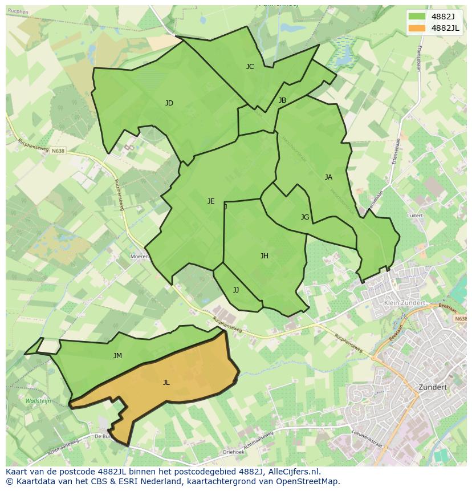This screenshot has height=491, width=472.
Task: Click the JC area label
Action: (x=250, y=67)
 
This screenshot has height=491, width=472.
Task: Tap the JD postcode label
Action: (x=169, y=103)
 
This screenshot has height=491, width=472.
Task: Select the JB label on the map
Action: (x=282, y=100)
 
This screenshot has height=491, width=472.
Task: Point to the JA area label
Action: (x=328, y=177)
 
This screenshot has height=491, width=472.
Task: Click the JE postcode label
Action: (x=211, y=201)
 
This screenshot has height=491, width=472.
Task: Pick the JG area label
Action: (x=305, y=217)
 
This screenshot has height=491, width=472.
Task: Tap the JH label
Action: (x=265, y=256)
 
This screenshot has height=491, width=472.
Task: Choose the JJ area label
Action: (x=236, y=290)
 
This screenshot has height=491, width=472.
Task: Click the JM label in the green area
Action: (x=117, y=356)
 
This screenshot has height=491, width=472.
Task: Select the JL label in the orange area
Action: (x=166, y=383)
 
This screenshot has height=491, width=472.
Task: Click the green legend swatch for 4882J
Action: (x=417, y=17)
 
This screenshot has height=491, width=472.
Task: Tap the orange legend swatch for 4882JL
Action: (x=417, y=28)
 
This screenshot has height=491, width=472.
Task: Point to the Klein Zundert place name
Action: (x=405, y=303)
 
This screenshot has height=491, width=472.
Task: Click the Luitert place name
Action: (x=415, y=216)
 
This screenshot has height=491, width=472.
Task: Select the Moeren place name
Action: (x=139, y=257)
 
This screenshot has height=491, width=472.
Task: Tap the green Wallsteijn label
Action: (x=38, y=401)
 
